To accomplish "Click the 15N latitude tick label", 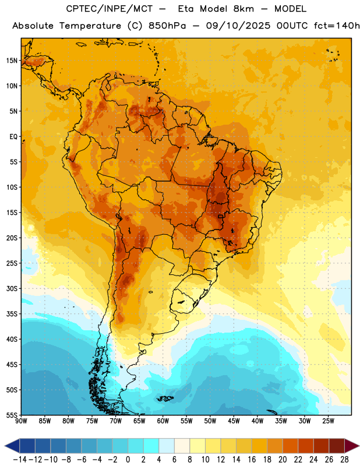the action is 12,61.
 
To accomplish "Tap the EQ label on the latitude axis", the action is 13,137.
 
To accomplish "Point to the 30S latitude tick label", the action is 12,288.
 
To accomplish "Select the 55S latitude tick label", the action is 12,415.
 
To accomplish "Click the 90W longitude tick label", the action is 21,421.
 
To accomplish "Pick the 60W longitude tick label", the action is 163,421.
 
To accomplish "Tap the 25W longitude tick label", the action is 328,421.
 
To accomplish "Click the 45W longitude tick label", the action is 234,421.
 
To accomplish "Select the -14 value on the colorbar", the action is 20,460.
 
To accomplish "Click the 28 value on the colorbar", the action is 344,460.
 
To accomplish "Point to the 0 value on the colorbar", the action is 128,460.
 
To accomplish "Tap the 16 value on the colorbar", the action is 252,460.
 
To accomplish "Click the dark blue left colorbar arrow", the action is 12,446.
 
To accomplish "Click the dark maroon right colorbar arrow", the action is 352,446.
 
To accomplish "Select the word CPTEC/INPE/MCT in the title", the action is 109,9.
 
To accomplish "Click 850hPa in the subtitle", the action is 167,26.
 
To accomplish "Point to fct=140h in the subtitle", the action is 337,26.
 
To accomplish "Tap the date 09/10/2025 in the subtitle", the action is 238,26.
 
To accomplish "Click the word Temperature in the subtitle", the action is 90,26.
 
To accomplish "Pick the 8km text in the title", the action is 243,9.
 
